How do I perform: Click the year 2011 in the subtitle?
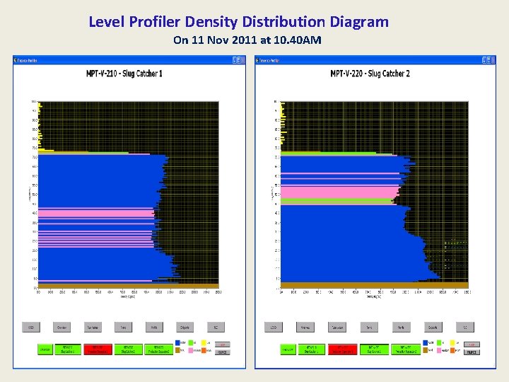click(245, 40)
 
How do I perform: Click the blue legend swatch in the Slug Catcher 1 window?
click(177, 342)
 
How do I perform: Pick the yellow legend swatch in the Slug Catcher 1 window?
click(204, 342)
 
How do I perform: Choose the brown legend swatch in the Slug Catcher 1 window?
click(177, 350)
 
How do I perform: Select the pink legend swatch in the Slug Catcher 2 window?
click(439, 350)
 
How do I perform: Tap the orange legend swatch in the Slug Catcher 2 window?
click(452, 350)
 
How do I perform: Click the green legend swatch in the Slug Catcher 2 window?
click(439, 342)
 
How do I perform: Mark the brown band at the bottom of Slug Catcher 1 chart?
click(127, 285)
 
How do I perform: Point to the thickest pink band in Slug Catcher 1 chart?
click(95, 213)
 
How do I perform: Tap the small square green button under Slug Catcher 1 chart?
click(44, 349)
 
